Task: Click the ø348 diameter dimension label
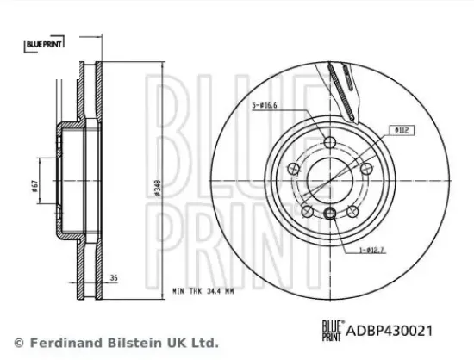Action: tap(158, 188)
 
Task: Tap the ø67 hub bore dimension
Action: tap(34, 186)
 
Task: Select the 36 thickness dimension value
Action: tap(114, 278)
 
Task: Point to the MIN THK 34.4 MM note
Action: tap(203, 291)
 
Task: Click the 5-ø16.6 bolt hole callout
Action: tap(265, 105)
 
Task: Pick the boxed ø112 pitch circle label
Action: tap(402, 130)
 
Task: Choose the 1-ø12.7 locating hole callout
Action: tap(371, 250)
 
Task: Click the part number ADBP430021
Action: tap(390, 331)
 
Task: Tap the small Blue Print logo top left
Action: tap(44, 44)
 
